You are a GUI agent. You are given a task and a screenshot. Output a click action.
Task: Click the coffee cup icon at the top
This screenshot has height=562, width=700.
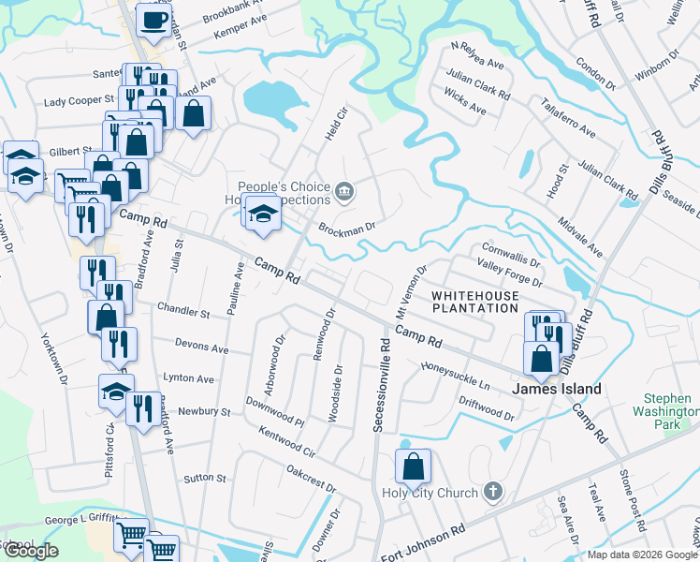[x=153, y=20]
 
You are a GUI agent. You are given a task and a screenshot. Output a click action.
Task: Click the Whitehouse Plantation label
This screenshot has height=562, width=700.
[x=474, y=303]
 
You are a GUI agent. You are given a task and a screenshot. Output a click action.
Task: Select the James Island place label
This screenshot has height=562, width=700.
[x=556, y=389]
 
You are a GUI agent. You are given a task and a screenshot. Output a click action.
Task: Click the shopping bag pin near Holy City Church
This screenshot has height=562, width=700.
[x=413, y=466]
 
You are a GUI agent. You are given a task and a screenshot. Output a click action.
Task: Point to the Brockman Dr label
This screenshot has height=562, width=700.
[x=346, y=227]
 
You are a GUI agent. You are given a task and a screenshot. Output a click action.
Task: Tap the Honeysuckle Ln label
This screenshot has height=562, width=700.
[x=456, y=375]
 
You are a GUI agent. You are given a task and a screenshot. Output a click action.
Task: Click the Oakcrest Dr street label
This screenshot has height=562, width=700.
[x=311, y=478]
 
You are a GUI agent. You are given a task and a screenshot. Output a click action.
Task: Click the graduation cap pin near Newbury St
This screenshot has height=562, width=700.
[x=116, y=392]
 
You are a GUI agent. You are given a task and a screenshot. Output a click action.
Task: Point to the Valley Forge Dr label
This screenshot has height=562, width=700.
[x=510, y=273]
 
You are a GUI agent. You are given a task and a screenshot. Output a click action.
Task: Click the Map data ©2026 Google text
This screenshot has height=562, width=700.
[x=642, y=554]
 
